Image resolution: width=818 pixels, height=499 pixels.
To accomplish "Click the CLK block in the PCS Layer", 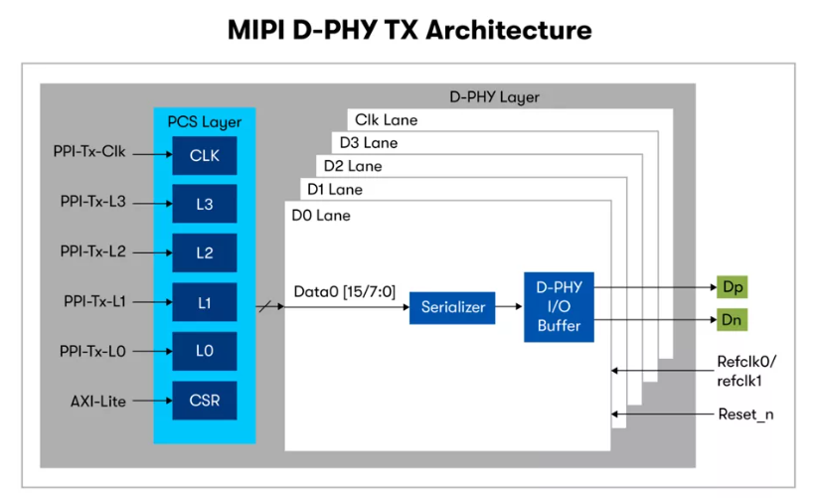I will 204,155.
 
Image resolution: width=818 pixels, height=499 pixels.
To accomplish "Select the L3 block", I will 204,204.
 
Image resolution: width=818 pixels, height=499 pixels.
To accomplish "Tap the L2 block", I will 204,252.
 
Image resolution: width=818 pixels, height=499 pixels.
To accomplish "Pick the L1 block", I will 204,302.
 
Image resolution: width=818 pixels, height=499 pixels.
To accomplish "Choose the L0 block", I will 204,351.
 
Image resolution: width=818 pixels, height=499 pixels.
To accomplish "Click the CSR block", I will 204,401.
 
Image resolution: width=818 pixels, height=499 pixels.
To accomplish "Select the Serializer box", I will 452,306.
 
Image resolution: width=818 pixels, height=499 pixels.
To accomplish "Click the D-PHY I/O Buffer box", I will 558,306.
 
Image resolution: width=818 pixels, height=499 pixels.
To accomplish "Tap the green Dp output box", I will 733,287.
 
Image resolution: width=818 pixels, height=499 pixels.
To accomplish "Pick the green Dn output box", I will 733,321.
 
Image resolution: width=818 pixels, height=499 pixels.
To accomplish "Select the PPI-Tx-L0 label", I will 93,351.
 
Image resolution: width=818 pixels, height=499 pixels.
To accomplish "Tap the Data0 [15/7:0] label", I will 345,291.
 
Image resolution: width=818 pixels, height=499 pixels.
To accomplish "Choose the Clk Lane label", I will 387,120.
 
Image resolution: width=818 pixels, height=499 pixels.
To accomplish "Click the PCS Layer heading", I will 205,122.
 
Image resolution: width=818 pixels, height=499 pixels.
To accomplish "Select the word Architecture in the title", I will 509,30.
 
